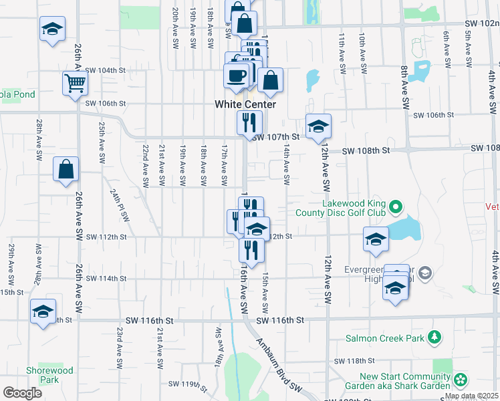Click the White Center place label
point(245,104)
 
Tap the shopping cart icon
point(75,84)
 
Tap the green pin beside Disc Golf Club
point(394,207)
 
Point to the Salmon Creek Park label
point(385,338)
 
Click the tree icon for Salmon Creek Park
point(434,336)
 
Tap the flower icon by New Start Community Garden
point(460,380)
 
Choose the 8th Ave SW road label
point(405,88)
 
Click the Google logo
point(22,393)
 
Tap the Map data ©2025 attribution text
point(471,396)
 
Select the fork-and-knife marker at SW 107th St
point(246,122)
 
